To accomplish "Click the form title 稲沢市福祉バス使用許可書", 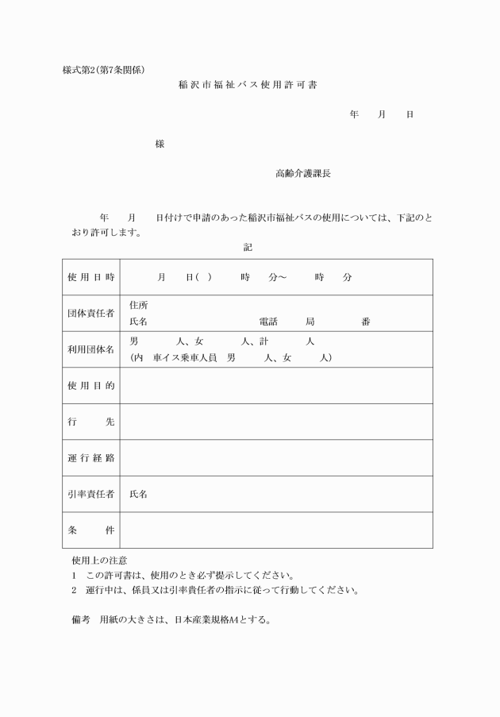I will click(x=248, y=84).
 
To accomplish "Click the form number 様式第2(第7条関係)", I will click(x=103, y=69).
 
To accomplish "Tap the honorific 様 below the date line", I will click(x=160, y=144).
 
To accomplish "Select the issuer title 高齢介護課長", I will click(x=297, y=172).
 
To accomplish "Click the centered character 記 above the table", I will click(x=248, y=247).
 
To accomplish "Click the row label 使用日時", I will click(x=91, y=277).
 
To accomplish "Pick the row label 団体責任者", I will click(x=91, y=314).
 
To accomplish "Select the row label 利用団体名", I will click(x=91, y=349).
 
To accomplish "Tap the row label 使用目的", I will click(x=91, y=386).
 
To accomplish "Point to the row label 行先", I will click(x=91, y=422).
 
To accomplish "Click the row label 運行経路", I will click(x=91, y=458).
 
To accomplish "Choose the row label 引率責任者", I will click(x=91, y=494).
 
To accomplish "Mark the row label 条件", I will click(x=91, y=530).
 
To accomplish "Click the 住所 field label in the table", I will click(x=138, y=306).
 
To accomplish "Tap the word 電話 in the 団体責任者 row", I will click(x=268, y=322).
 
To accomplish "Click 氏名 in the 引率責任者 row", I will click(x=138, y=494).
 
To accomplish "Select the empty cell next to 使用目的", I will click(x=275, y=386).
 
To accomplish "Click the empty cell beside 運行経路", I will click(x=275, y=458).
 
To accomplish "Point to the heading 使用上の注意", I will click(x=99, y=561).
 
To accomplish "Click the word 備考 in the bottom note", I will click(x=81, y=619).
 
